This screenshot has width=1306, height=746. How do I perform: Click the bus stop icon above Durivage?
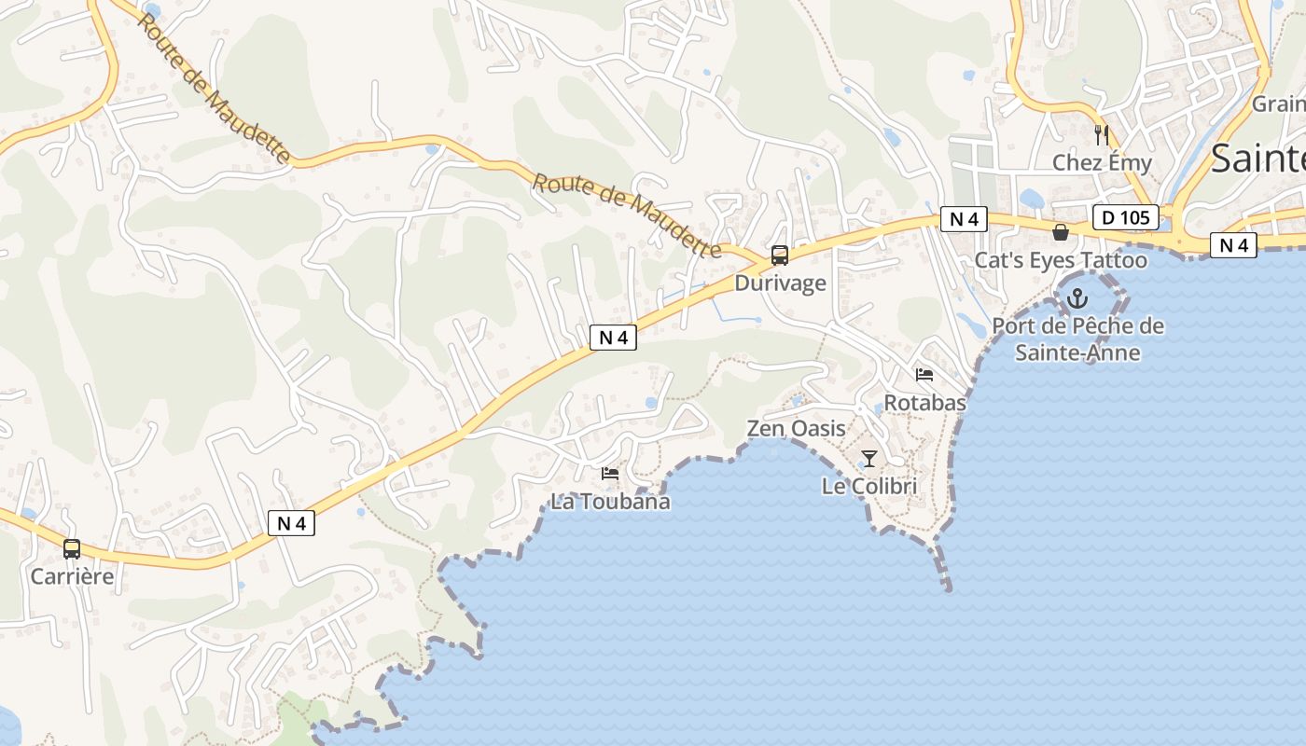[780, 256]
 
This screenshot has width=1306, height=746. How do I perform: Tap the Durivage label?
[780, 283]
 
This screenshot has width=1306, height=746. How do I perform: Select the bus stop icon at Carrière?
[72, 549]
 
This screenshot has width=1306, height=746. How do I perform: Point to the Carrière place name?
[72, 576]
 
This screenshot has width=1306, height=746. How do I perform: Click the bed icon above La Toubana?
[610, 474]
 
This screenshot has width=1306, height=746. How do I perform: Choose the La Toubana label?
[610, 502]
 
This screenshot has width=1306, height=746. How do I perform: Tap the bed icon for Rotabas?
[924, 375]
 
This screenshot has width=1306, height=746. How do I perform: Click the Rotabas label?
[924, 403]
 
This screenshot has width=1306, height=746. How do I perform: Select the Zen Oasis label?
[796, 429]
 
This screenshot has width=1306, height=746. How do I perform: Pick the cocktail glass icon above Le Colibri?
[869, 458]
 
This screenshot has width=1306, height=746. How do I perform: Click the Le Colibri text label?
[869, 486]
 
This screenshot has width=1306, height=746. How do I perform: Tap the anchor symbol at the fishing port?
[1077, 298]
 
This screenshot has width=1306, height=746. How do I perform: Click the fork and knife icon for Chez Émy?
[1102, 134]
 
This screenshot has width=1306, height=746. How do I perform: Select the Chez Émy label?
[1102, 162]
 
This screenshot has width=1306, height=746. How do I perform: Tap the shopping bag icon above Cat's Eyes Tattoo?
[1061, 232]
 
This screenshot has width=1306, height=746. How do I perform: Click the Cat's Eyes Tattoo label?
[1061, 260]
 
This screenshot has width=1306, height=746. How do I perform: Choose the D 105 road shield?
[1125, 218]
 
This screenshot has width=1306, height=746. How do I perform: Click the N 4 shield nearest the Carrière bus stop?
[291, 523]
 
